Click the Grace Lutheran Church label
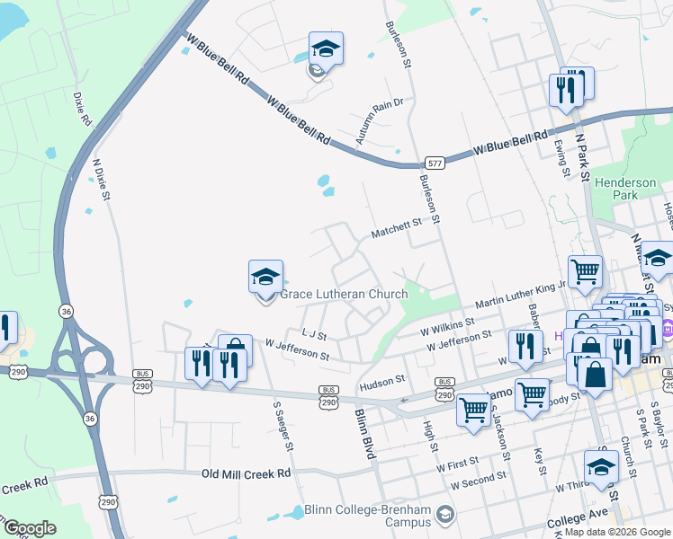pos(344,294)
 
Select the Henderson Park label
pos(626,189)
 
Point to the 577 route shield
pos(435,163)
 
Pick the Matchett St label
pos(397,230)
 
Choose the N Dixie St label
pos(101,179)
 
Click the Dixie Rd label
pos(81,107)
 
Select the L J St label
pos(314,333)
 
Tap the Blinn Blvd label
pos(363,435)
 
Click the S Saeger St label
pos(283,426)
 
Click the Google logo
pos(30,528)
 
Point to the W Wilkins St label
pos(447,328)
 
